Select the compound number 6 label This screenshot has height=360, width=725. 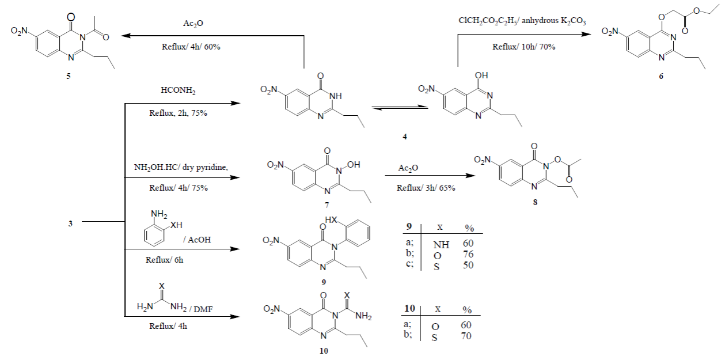point(661,75)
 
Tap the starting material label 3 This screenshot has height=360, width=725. point(70,223)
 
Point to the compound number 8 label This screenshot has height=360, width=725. point(535,203)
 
